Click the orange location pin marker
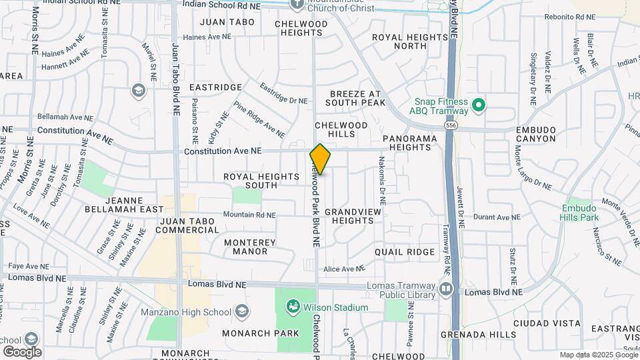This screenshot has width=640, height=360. point(320,159)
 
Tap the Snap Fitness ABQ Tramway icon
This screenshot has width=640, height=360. point(478,105)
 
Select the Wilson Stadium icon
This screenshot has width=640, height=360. point(293,307)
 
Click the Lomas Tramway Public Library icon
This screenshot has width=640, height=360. point(446,289)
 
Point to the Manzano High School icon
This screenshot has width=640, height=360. point(241,311)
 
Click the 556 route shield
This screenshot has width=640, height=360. point(452,125)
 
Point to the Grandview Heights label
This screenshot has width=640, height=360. point(353,216)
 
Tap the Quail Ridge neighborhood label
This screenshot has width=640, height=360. point(404,252)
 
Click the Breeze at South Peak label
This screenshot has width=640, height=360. point(356,98)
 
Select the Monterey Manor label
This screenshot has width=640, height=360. point(246,247)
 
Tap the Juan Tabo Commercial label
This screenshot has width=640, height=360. point(187,225)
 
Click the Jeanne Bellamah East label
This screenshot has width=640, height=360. point(124,205)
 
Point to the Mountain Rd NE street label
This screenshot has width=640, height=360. point(249,215)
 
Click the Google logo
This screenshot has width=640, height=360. point(21,351)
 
